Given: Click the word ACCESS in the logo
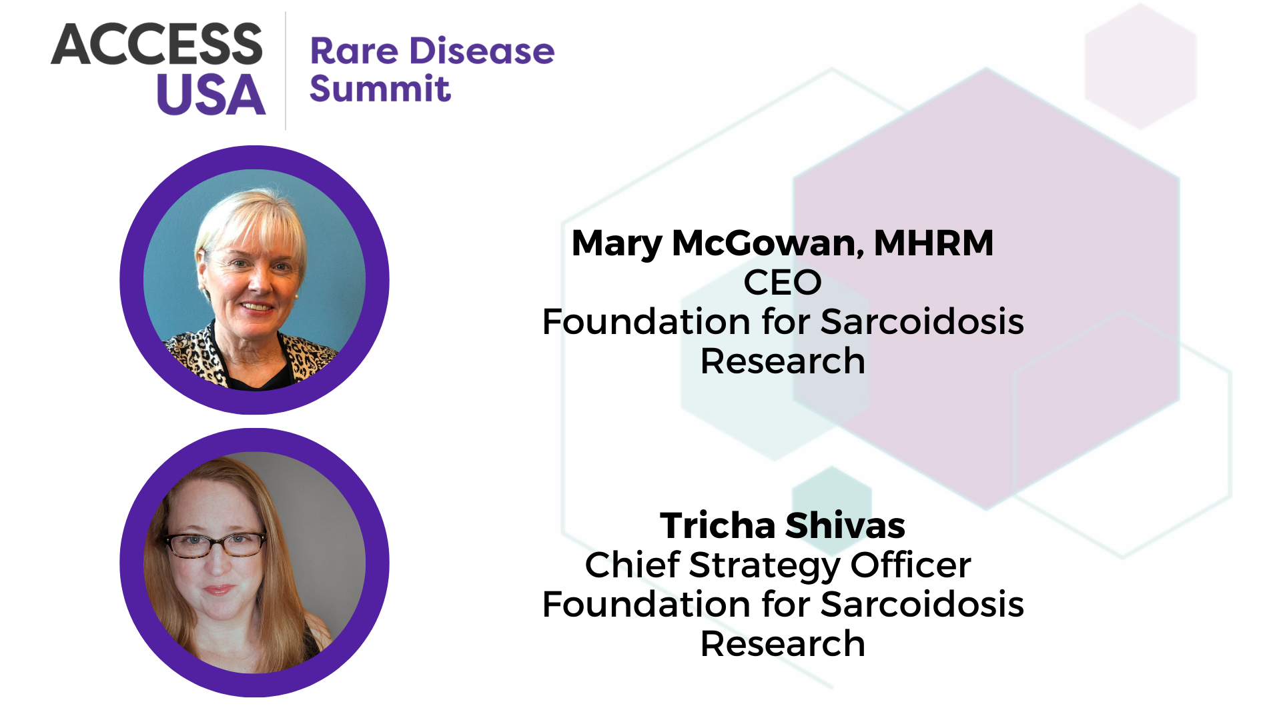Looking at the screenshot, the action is click(x=157, y=44).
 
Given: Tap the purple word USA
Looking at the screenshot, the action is click(x=211, y=94).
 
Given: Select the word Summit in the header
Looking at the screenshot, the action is click(x=380, y=89).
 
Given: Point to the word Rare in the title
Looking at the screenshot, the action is click(x=354, y=51).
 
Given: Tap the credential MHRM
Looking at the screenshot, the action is click(x=934, y=243).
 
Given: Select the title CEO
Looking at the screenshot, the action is click(x=783, y=282).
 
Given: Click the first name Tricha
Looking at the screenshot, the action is click(x=718, y=525).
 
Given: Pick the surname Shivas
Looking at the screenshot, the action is click(x=845, y=525).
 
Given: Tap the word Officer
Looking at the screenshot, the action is click(x=911, y=565).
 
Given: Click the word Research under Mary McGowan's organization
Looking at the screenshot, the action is click(x=783, y=361).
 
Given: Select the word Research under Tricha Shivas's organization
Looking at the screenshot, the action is click(x=783, y=644).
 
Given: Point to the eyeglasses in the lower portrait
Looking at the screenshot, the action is click(x=216, y=544).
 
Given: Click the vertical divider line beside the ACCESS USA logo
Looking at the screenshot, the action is click(x=286, y=70).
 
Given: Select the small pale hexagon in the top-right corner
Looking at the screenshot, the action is click(x=1140, y=66).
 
